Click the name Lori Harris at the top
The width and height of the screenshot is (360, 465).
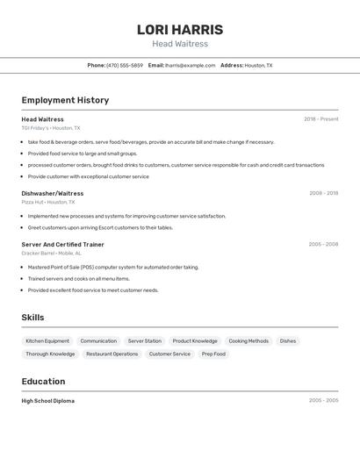(x=180, y=30)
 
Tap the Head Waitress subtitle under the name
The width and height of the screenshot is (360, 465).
(x=180, y=44)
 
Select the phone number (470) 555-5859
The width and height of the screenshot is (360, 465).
(x=125, y=65)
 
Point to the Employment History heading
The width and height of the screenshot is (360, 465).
(x=65, y=100)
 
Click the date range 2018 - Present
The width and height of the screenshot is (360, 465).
(x=320, y=119)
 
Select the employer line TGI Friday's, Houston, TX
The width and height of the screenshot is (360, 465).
(x=51, y=128)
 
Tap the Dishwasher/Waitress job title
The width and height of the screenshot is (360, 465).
(x=53, y=193)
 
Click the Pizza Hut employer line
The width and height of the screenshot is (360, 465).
(x=48, y=202)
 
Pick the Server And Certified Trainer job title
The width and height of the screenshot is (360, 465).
(x=63, y=245)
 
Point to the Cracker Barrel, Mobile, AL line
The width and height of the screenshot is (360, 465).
(x=52, y=254)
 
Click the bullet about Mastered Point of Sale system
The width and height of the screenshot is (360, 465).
(x=113, y=267)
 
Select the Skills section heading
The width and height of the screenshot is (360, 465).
(x=32, y=318)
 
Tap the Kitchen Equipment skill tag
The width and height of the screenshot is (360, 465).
(x=47, y=340)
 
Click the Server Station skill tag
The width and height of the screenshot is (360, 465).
(x=145, y=340)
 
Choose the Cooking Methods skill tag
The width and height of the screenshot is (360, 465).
(x=248, y=340)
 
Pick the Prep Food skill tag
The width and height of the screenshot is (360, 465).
(x=213, y=354)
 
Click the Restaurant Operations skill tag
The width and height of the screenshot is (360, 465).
(x=112, y=354)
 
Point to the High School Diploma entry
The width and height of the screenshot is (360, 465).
(x=48, y=401)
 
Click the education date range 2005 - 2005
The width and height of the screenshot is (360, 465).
(x=323, y=401)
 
